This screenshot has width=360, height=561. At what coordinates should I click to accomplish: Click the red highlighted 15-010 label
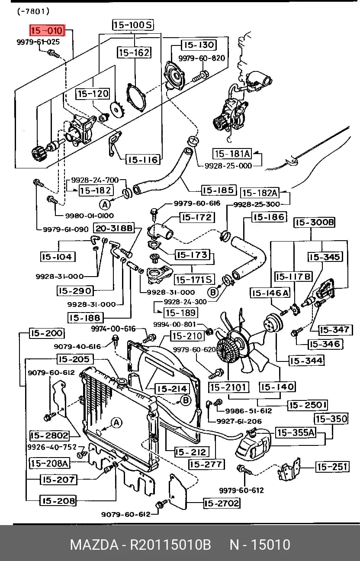click(x=47, y=31)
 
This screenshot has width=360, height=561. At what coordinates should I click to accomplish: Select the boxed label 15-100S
click(x=132, y=25)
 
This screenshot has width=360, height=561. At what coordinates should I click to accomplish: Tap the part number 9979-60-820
click(x=202, y=58)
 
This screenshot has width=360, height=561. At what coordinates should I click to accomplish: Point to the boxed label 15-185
click(x=219, y=190)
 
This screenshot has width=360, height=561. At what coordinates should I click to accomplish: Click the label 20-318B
click(x=114, y=228)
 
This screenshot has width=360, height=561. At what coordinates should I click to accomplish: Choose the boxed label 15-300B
click(x=314, y=222)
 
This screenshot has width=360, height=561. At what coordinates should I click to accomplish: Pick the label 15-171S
click(x=194, y=280)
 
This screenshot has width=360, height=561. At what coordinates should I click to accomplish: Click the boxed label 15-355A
click(x=296, y=432)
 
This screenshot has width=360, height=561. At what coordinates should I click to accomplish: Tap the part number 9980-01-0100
click(x=90, y=216)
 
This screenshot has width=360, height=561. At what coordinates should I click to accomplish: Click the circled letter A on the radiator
click(x=116, y=423)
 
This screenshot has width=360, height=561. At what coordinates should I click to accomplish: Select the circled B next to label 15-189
click(x=213, y=292)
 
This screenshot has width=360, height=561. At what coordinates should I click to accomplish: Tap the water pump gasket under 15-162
click(x=136, y=98)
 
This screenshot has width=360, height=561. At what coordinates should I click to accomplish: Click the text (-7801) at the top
click(x=34, y=12)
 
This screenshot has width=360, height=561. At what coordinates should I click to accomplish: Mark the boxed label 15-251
click(x=332, y=467)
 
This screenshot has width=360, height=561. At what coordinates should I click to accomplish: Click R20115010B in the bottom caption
click(x=170, y=544)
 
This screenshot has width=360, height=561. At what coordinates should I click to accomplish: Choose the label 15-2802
click(x=49, y=436)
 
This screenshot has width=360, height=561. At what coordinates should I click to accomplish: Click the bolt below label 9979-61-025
click(x=54, y=54)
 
